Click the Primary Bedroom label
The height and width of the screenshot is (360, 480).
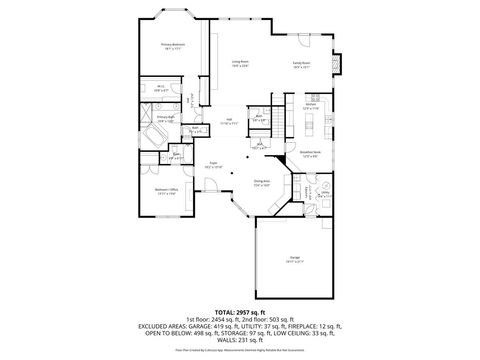click(x=173, y=46)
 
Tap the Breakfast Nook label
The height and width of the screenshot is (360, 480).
click(x=309, y=154)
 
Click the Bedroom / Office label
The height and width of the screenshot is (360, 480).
click(x=165, y=191)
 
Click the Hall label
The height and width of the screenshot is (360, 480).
click(x=229, y=121)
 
